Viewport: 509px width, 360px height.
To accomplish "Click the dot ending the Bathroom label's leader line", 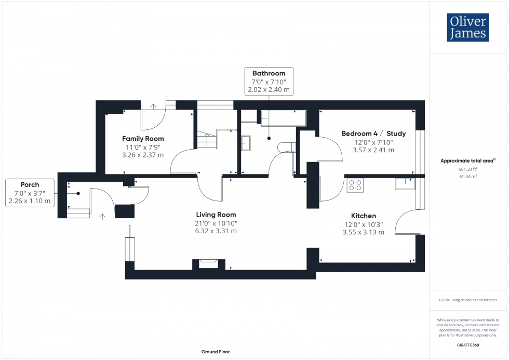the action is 269,138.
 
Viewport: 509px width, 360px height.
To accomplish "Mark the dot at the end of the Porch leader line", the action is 78,193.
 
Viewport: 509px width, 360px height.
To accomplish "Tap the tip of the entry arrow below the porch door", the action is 103,214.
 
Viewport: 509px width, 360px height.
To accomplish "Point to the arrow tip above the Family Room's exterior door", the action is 153,104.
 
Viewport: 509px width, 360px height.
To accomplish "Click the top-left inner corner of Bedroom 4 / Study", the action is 319,110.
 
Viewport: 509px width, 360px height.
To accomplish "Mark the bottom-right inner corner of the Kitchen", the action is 416,262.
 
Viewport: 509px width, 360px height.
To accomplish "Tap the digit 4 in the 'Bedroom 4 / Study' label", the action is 376,134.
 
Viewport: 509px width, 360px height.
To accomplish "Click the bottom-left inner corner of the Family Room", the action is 105,174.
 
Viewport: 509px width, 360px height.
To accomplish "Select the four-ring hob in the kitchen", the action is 355,185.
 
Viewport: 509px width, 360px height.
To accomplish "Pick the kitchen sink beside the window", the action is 405,184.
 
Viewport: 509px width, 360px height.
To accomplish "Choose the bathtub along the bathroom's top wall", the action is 284,118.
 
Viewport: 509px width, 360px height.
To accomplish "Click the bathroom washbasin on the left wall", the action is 246,143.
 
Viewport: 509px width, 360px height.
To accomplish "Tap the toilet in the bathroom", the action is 286,147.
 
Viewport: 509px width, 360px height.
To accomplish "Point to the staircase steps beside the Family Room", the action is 207,140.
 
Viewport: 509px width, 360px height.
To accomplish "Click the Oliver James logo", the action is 468,27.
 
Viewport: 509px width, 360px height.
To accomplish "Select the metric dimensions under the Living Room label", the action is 216,231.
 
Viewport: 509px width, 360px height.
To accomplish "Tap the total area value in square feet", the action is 468,169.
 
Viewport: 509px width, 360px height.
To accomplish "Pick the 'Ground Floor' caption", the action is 216,352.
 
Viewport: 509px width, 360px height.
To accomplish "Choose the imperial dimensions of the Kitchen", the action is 364,224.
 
